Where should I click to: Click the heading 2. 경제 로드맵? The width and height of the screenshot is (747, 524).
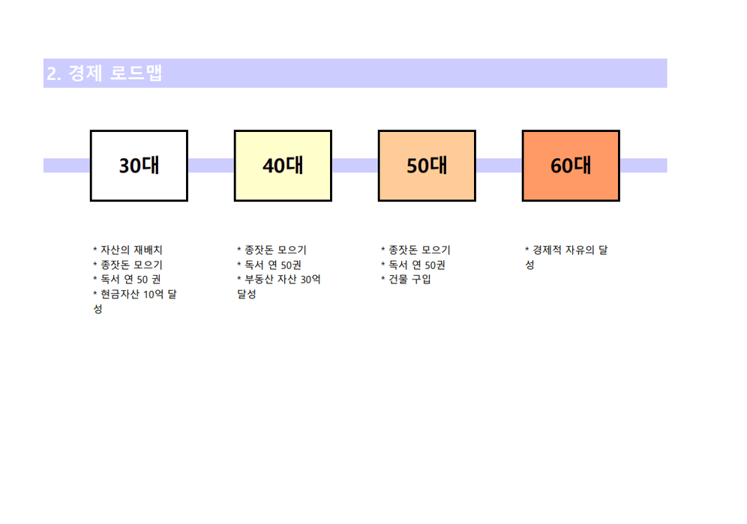click(104, 73)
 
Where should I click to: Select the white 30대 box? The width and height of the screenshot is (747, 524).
click(139, 166)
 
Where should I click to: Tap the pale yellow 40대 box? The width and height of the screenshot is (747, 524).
click(283, 166)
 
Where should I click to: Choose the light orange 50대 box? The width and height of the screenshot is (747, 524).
click(427, 166)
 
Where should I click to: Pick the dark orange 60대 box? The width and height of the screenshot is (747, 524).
click(571, 166)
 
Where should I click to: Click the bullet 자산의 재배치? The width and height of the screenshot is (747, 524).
click(127, 250)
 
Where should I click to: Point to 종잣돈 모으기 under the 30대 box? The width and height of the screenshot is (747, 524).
click(127, 265)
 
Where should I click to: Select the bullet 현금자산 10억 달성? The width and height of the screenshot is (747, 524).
click(135, 301)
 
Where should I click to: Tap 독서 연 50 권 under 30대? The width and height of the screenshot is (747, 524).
click(127, 279)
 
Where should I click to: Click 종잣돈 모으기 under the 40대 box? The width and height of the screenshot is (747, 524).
click(271, 250)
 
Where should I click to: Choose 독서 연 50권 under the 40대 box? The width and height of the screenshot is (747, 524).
click(269, 265)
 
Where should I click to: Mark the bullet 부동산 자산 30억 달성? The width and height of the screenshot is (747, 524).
click(279, 286)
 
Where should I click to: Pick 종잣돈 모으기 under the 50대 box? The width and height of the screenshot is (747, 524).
click(415, 250)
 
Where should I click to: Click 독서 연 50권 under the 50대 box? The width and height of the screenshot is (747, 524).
click(413, 265)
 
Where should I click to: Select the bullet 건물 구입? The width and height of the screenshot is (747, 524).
click(406, 279)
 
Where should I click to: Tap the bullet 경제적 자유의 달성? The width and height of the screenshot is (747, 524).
click(566, 257)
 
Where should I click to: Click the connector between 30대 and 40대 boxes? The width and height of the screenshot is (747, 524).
click(211, 166)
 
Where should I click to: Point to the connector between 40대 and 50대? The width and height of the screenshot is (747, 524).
click(355, 166)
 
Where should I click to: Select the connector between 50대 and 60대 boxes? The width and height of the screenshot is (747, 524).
click(499, 166)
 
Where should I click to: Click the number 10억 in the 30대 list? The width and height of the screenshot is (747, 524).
click(154, 294)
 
